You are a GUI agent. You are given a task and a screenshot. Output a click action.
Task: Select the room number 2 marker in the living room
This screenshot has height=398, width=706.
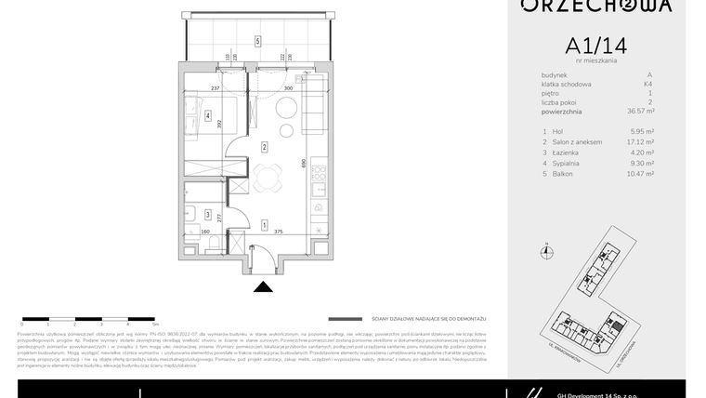pos(265,147)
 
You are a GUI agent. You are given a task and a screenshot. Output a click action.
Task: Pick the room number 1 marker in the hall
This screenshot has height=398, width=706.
pos(265,225)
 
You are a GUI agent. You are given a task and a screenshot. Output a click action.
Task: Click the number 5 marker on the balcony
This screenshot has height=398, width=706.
pos(257,41)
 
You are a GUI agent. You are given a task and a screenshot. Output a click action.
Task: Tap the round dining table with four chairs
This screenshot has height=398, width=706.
pos(268,177)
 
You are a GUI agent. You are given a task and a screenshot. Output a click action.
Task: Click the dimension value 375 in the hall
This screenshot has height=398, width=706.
pos(279,233)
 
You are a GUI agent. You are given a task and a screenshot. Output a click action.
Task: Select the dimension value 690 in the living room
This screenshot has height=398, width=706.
pos(304,162)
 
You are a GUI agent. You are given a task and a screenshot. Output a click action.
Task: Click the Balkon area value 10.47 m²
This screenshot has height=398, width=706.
pos(640,173)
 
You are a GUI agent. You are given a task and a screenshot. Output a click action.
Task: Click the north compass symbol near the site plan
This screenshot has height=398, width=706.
pos(547,249)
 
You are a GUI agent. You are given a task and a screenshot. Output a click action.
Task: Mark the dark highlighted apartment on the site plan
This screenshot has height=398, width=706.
pos(609,252)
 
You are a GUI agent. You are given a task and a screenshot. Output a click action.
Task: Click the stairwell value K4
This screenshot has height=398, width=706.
pos(648,85)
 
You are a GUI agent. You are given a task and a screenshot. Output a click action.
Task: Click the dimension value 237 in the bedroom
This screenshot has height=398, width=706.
pos(216,88)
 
